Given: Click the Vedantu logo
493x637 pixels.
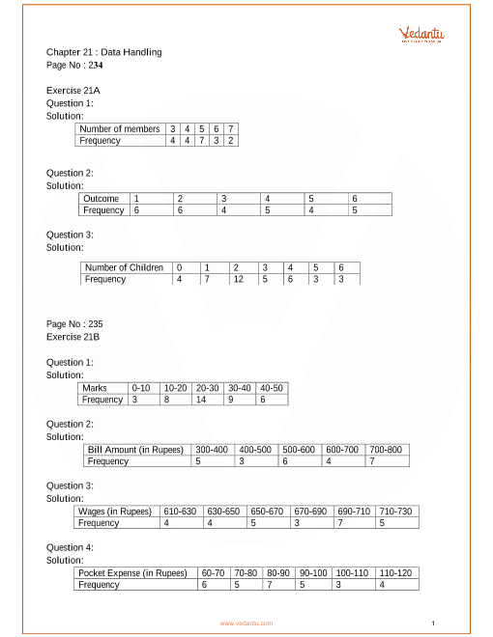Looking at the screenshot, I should [x=421, y=36].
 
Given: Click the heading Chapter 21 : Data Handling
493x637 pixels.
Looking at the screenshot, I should [x=104, y=52].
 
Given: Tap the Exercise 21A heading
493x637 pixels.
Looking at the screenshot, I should [x=73, y=90].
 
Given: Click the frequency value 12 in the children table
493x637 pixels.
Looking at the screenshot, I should [x=237, y=279].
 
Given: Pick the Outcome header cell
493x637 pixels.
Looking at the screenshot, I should [x=101, y=198].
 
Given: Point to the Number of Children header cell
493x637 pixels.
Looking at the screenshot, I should [x=124, y=267].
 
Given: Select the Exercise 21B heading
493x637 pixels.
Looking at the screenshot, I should [x=73, y=338].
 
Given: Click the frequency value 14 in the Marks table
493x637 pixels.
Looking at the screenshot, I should [x=202, y=399].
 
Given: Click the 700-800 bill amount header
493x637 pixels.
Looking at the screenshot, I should [x=386, y=449].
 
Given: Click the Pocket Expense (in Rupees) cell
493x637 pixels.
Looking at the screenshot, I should [x=132, y=572].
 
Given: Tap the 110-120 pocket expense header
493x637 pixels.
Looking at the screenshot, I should [x=396, y=572].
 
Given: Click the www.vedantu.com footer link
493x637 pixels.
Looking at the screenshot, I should [x=246, y=623].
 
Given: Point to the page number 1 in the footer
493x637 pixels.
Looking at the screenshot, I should [x=434, y=623].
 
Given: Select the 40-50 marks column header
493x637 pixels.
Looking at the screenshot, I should [x=272, y=387].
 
